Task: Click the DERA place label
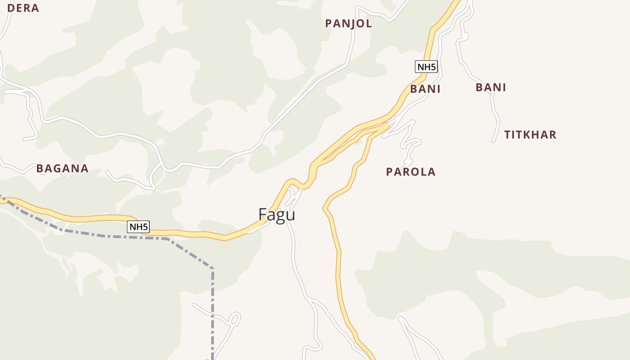coord(23,8)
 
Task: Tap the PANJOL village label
coord(349,23)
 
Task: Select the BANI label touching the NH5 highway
coord(425,89)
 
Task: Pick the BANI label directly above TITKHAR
coord(490,87)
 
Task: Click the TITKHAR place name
coord(530,135)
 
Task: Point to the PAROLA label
coord(411,171)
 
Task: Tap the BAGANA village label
coord(62,168)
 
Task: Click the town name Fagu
coord(277,214)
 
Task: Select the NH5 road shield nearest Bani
coord(426,67)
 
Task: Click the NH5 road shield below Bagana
coord(138,227)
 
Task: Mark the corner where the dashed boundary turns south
coord(212,268)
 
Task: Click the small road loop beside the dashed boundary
coord(234,319)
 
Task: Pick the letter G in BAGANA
coord(56,168)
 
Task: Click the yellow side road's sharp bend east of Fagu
coord(324,208)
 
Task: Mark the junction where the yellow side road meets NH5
coord(386,126)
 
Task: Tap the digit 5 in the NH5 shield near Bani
coord(433,67)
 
